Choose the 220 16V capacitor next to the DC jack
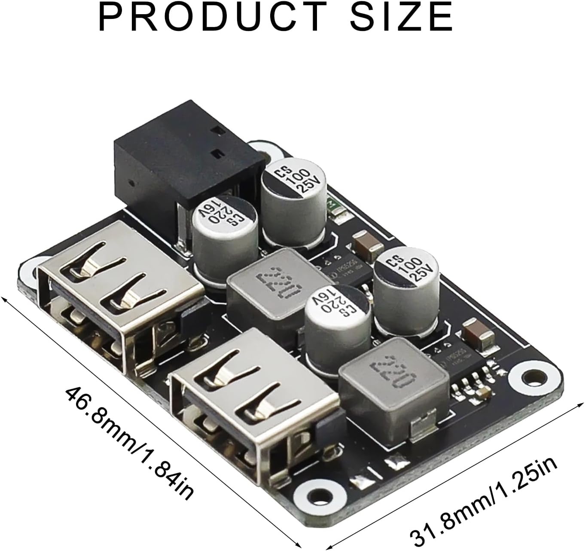click(225, 239)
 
